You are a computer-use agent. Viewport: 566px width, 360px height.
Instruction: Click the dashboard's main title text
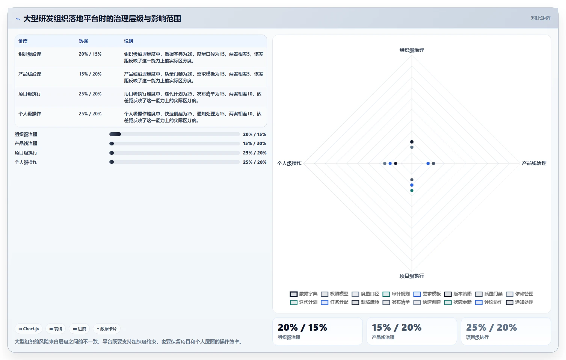[102, 19]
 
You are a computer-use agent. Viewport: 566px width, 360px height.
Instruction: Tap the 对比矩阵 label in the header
[540, 18]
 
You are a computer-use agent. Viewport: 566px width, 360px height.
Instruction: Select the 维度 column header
[23, 41]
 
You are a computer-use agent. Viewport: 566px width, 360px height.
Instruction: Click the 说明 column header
[128, 41]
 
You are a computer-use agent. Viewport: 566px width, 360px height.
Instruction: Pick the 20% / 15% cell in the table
[90, 54]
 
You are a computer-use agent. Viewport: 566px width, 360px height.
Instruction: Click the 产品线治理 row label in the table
[30, 74]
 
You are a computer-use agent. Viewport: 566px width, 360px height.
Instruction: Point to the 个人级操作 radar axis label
[289, 163]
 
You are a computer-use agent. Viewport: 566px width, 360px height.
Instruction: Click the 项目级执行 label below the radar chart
[412, 276]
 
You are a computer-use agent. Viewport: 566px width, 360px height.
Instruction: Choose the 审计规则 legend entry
[396, 294]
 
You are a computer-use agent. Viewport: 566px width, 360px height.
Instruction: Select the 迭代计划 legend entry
[303, 302]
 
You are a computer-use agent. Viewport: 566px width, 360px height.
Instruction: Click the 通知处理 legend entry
[519, 302]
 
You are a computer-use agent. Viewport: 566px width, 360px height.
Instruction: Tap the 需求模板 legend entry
[427, 294]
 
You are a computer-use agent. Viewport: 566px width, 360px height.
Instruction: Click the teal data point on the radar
[412, 191]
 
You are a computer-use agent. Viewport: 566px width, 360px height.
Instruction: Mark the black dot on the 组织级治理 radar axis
[412, 142]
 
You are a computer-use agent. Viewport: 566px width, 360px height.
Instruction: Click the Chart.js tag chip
[29, 329]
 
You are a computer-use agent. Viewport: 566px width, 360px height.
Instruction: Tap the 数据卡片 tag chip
[107, 329]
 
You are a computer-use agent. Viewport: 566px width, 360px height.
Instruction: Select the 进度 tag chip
[79, 329]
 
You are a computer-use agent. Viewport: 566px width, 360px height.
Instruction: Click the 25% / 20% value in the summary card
[492, 328]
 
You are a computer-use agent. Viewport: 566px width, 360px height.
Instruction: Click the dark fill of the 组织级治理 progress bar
[115, 134]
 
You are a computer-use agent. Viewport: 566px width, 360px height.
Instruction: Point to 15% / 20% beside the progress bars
[254, 144]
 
